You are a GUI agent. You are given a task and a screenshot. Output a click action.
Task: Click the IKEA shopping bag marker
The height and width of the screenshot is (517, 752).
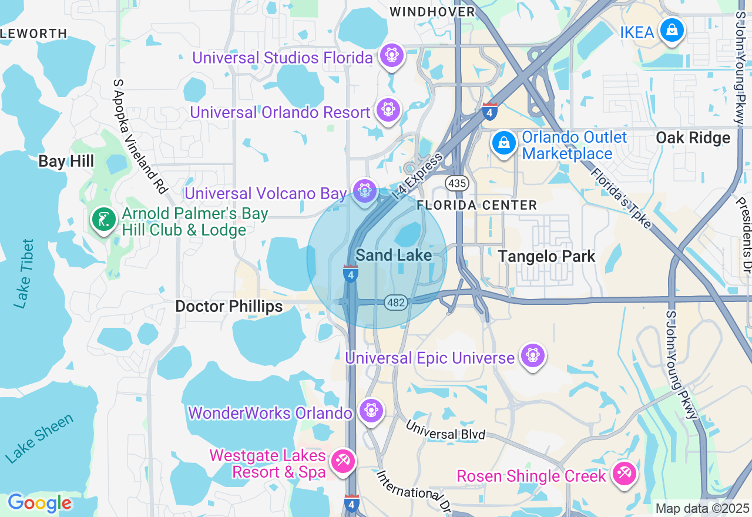point(671,29)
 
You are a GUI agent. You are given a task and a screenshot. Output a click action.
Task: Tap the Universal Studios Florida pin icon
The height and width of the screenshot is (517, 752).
point(390,56)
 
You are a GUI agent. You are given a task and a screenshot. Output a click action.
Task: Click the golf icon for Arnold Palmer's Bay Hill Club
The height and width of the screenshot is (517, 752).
point(104,220)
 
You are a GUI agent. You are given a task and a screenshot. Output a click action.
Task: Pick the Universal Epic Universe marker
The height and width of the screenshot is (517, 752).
point(532,355)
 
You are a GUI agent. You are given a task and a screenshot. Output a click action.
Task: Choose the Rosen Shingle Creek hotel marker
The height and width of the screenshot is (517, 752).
point(624,474)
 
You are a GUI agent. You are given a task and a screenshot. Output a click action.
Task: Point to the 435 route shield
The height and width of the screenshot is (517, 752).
point(456,184)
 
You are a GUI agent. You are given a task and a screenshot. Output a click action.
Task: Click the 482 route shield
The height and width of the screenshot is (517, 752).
point(396,303)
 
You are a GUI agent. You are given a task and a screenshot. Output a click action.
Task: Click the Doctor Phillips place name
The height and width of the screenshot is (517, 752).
point(229,306)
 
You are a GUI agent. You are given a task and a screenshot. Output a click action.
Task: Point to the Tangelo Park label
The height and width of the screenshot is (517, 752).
point(546,256)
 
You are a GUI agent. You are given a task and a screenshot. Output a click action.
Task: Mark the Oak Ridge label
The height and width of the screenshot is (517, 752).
point(693,138)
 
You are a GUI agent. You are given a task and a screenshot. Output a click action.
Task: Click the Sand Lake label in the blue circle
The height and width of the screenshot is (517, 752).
point(394,255)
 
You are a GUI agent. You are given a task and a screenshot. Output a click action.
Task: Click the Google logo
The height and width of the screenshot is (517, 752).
point(39,503)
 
